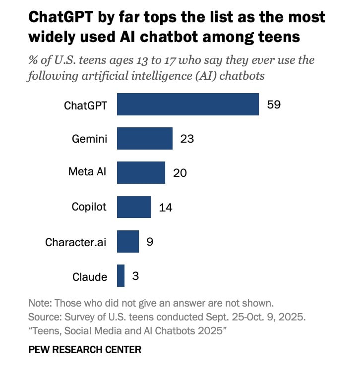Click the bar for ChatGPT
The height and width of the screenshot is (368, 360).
pyautogui.click(x=187, y=104)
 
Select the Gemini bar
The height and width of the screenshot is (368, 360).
pyautogui.click(x=145, y=138)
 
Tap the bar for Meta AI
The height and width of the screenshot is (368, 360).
pyautogui.click(x=141, y=172)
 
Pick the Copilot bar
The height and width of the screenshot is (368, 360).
pyautogui.click(x=134, y=207)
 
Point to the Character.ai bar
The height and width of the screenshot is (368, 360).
pyautogui.click(x=128, y=242)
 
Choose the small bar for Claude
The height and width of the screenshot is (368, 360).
pyautogui.click(x=120, y=276)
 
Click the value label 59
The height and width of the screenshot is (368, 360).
pyautogui.click(x=274, y=105)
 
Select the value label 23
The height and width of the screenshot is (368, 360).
pyautogui.click(x=187, y=139)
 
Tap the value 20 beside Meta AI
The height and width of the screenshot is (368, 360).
pyautogui.click(x=180, y=173)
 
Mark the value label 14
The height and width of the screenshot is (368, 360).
pyautogui.click(x=165, y=208)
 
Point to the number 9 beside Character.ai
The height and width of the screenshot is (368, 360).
pyautogui.click(x=150, y=242)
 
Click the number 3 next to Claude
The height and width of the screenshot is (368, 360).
pyautogui.click(x=135, y=276)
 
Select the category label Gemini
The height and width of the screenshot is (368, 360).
pyautogui.click(x=89, y=139)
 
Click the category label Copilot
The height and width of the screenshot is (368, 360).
pyautogui.click(x=89, y=207)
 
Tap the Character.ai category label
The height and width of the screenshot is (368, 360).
pyautogui.click(x=76, y=242)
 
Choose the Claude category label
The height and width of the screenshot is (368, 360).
pyautogui.click(x=90, y=276)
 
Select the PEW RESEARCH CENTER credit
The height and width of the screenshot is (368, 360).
pyautogui.click(x=85, y=350)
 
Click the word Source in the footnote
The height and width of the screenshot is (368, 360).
pyautogui.click(x=43, y=316)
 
